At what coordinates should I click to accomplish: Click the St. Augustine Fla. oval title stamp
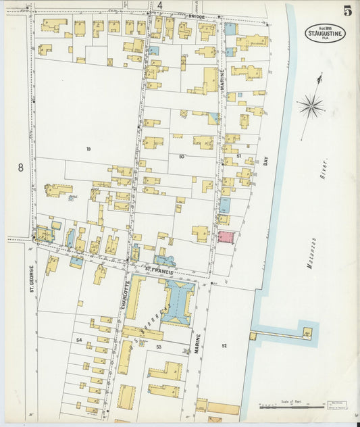[x=326, y=32]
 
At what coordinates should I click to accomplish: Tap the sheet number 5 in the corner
[x=347, y=11]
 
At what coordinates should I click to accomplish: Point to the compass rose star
[x=311, y=105]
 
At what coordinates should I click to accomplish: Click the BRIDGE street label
[x=196, y=16]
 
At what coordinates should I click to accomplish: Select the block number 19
[x=88, y=148]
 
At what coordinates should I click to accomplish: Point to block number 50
[x=181, y=157]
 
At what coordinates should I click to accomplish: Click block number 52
[x=224, y=346]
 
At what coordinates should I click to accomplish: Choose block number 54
[x=79, y=340]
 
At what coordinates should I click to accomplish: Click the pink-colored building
[x=225, y=238]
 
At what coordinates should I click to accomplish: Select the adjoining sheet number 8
[x=20, y=168]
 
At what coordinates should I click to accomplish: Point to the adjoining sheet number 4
[x=160, y=5]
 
